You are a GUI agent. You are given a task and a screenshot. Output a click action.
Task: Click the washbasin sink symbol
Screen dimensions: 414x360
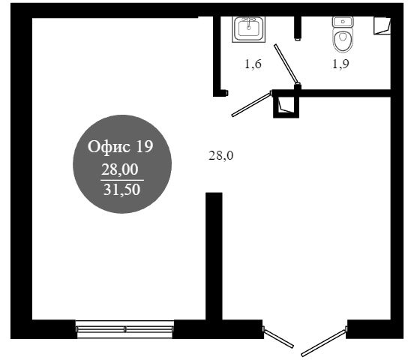[x=248, y=29]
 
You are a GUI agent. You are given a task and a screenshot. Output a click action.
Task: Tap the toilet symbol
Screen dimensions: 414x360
[x=343, y=34]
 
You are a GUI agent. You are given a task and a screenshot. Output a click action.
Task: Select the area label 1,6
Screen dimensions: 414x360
[x=253, y=64]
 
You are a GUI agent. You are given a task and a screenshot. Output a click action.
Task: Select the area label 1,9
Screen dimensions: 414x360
[x=340, y=64]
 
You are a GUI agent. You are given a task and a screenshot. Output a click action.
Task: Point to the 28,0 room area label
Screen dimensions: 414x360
[x=221, y=155]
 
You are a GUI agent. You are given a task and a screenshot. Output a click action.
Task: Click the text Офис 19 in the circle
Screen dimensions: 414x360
[x=121, y=146]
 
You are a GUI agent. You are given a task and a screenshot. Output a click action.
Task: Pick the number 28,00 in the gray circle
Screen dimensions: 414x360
[x=120, y=169]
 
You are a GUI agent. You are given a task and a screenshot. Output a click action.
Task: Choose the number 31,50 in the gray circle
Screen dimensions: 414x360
[x=121, y=190]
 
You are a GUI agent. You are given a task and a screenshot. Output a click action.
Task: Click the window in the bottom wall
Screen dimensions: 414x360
[x=124, y=329]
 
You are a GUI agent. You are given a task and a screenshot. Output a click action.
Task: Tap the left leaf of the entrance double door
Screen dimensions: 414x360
[x=278, y=337]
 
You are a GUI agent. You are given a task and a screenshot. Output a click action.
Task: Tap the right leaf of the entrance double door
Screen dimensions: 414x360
[x=324, y=342]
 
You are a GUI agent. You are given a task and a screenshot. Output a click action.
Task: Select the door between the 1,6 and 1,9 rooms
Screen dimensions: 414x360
[x=287, y=64]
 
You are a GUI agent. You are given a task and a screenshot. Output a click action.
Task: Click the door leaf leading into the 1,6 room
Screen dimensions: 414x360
[x=251, y=103]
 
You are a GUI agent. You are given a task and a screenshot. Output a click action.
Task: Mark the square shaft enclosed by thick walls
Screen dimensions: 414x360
[x=286, y=104]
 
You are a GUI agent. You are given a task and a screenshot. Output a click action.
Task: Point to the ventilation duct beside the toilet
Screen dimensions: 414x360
[x=382, y=25]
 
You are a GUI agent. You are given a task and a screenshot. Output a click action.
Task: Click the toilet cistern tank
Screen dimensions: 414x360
[x=343, y=22]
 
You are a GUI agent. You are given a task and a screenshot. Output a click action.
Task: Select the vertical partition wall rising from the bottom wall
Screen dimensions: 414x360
[x=214, y=256]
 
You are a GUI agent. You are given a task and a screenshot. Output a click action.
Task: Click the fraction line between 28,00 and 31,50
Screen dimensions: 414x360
[x=122, y=181]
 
